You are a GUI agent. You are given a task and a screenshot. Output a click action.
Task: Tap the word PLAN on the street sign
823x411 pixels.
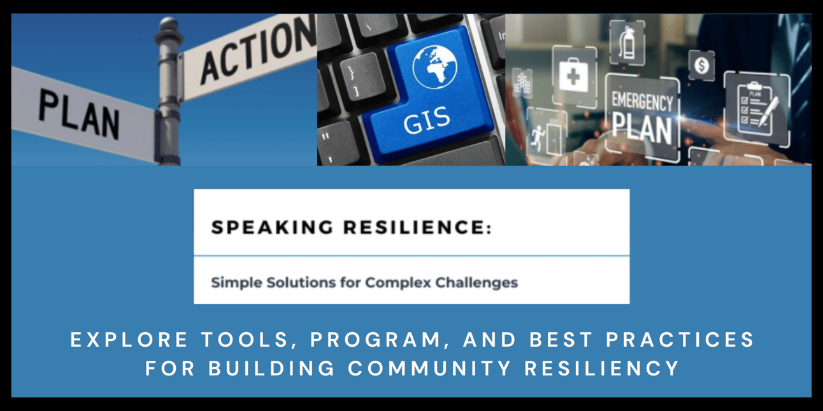(x=79, y=115)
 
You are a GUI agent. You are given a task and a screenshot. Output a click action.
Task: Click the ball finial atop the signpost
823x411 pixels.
(x=169, y=25)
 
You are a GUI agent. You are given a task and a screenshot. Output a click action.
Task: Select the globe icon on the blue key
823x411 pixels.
(x=434, y=67)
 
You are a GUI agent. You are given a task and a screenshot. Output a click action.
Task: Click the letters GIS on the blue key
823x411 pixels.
(x=427, y=120)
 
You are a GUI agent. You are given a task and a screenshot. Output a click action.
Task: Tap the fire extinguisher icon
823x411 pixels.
(x=627, y=43)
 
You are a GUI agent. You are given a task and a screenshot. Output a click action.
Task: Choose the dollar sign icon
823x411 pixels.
(x=701, y=66)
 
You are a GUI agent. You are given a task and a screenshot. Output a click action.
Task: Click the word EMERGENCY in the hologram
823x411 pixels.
(x=642, y=102)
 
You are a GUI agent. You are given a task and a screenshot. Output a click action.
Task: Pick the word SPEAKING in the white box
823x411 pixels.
(x=272, y=227)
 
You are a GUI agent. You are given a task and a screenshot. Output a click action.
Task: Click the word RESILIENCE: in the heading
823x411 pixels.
(x=417, y=227)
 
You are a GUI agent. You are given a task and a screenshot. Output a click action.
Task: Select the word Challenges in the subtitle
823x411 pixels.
(x=476, y=282)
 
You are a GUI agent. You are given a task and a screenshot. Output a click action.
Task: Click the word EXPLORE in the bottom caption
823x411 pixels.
(x=129, y=340)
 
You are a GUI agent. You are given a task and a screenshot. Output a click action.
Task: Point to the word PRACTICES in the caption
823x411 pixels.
(x=680, y=340)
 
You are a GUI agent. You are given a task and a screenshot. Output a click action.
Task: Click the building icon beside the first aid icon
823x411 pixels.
(x=522, y=84)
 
